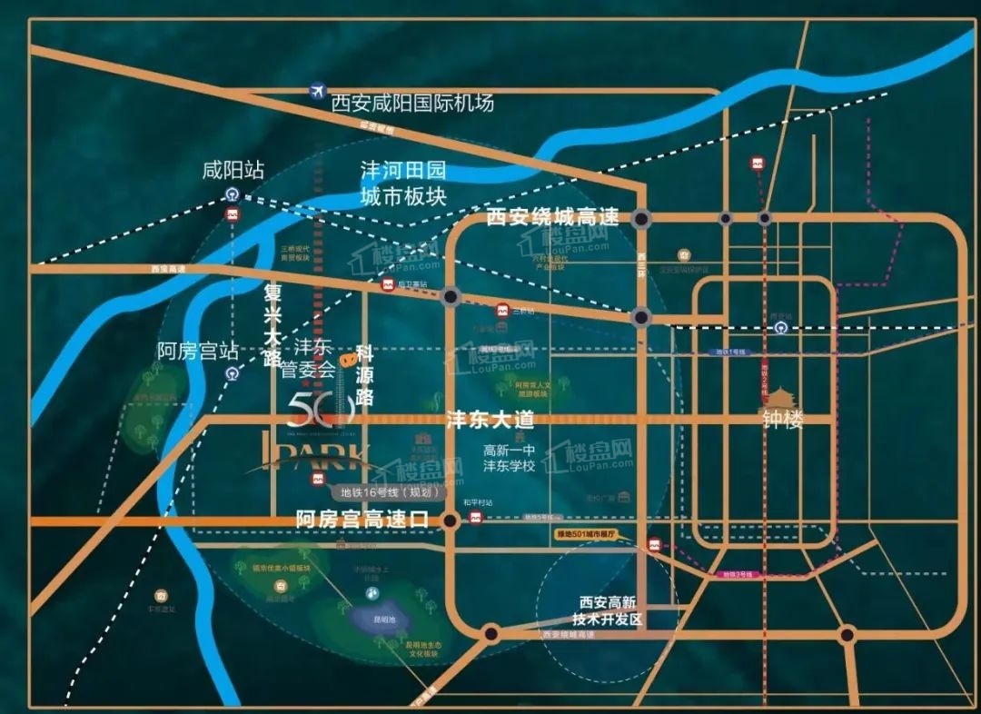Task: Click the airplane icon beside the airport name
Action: pyautogui.click(x=317, y=91)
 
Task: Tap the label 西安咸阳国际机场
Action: pyautogui.click(x=413, y=103)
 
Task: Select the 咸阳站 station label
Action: pyautogui.click(x=233, y=170)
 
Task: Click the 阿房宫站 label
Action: pyautogui.click(x=198, y=351)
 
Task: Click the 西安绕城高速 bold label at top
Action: pyautogui.click(x=552, y=218)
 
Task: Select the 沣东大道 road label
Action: pyautogui.click(x=490, y=421)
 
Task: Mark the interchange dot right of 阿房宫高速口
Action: pyautogui.click(x=449, y=521)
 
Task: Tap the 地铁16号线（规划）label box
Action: pyautogui.click(x=386, y=493)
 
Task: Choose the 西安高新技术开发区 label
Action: pyautogui.click(x=611, y=610)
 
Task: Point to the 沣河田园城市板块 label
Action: pyautogui.click(x=403, y=183)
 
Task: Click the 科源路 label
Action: pyautogui.click(x=364, y=373)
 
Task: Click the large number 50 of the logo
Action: pyautogui.click(x=320, y=411)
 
